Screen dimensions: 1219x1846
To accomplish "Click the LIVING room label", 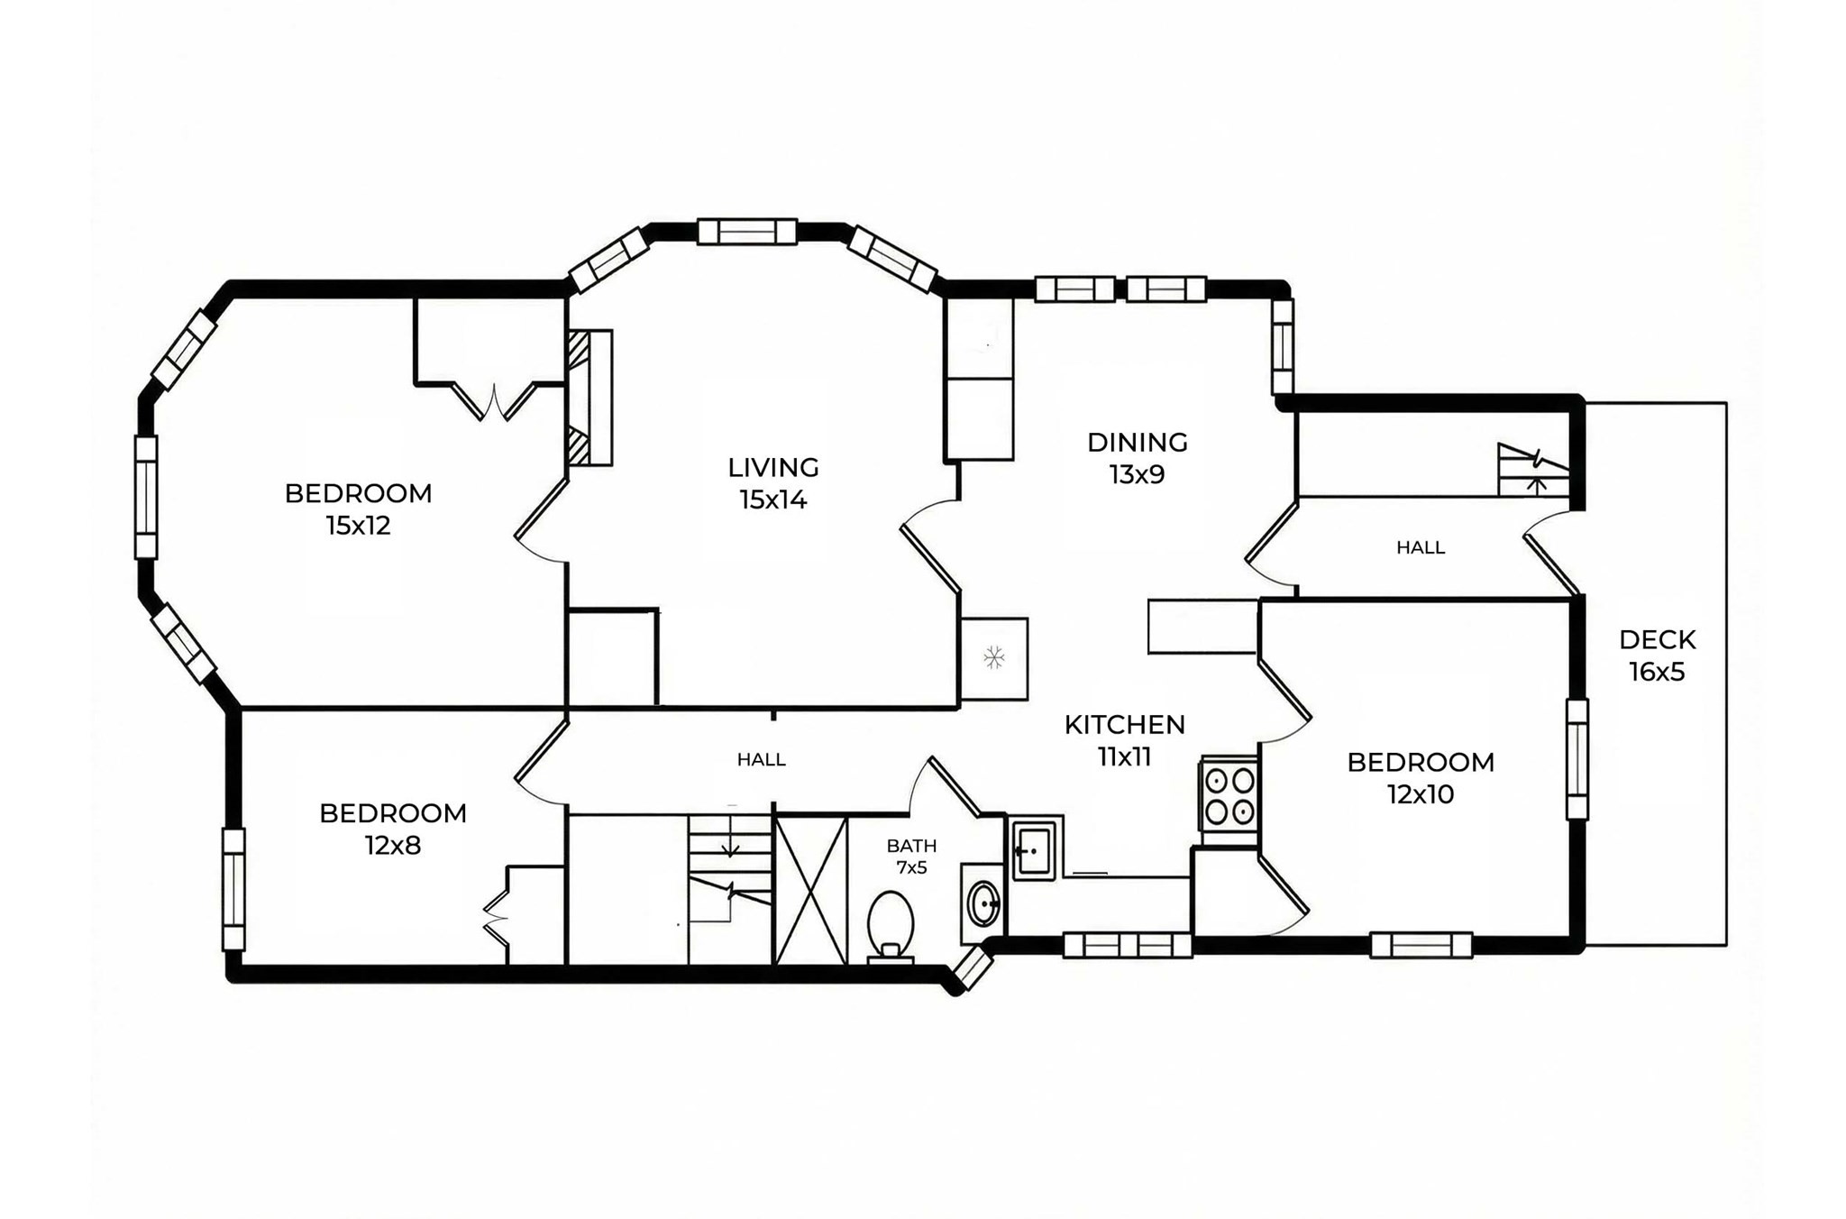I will (772, 468).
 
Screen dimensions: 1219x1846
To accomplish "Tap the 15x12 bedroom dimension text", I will (358, 526).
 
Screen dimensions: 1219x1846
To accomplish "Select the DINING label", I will (1137, 443).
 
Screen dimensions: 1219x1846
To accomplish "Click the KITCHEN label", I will (1124, 725).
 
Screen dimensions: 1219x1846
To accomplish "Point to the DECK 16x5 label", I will (1657, 655).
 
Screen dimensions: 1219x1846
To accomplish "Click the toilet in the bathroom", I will (891, 925).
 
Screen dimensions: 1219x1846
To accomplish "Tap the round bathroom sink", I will (983, 903).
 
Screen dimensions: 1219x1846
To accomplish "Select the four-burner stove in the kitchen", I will (1229, 794).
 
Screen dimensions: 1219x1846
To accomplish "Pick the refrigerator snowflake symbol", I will (993, 657).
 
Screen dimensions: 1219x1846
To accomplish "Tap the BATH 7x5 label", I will (911, 857).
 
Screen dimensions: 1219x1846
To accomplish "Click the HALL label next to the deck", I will (1420, 547).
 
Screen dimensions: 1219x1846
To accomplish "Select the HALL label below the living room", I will (761, 760).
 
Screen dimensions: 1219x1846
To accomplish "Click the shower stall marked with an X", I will (810, 890).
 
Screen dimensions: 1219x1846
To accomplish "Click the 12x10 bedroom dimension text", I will (1420, 794).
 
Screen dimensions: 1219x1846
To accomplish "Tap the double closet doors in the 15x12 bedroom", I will (494, 401).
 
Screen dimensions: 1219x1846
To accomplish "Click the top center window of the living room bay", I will (747, 232).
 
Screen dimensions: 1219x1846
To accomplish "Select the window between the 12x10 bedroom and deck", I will (1576, 759).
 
